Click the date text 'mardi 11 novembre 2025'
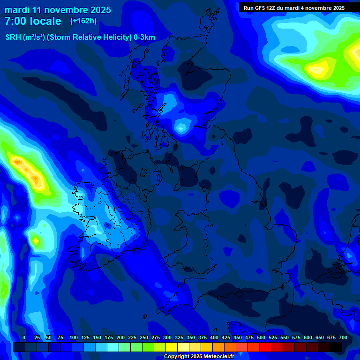pos(58,10)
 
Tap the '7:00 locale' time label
pos(33,21)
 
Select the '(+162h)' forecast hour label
pos(83,21)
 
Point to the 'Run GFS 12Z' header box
pos(294,7)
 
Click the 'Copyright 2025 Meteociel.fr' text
pos(199,357)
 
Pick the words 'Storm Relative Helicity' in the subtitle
pos(92,37)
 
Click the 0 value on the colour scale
pos(24,337)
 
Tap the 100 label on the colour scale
pos(74,337)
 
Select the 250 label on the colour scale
pos(144,337)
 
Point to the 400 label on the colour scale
pos(214,337)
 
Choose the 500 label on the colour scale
pos(261,337)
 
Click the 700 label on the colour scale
pos(343,337)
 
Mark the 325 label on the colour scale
pos(179,337)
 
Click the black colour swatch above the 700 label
pos(336,347)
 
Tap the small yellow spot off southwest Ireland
pos(36,241)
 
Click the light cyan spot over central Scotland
pos(181,127)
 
